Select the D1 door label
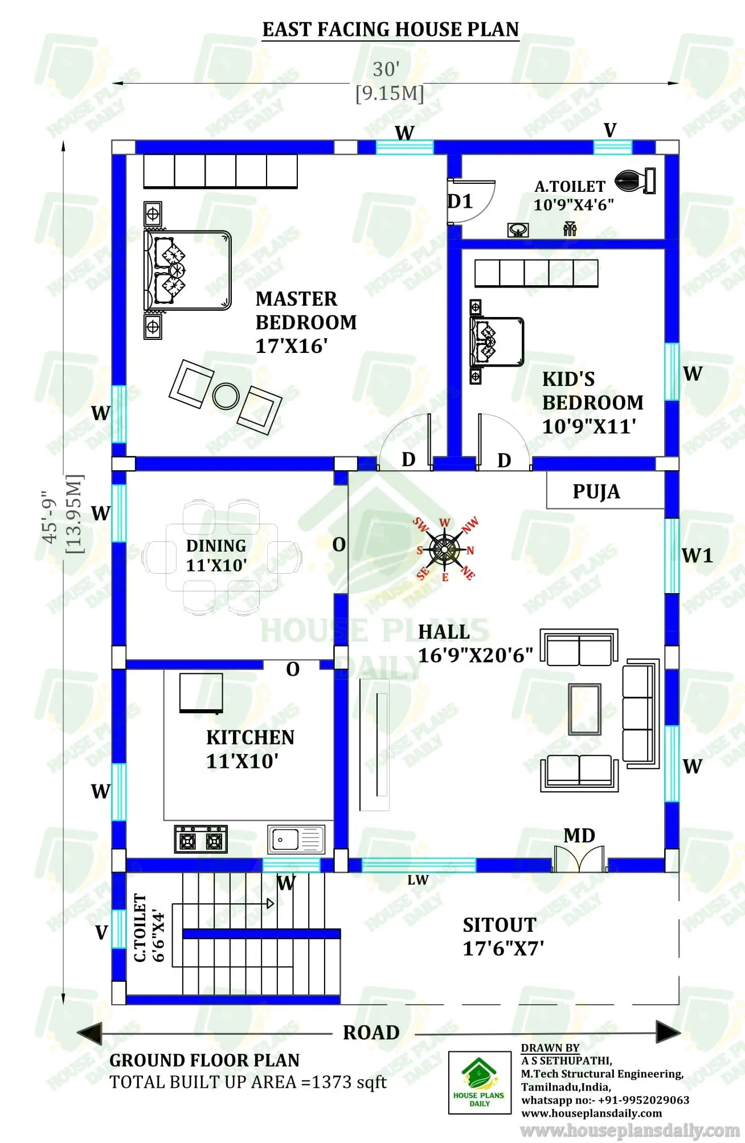coord(460,201)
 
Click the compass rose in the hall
coord(445,549)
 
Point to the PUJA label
coord(596,491)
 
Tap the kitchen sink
coord(296,839)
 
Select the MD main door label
coord(579,836)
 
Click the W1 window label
coord(697,555)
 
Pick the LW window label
coord(417,880)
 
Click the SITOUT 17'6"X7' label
coord(502,936)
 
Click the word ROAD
coord(371,1033)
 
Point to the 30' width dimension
coord(387,69)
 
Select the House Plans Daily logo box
coord(479,1082)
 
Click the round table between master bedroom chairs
coord(226,396)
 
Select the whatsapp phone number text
coord(605,1100)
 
